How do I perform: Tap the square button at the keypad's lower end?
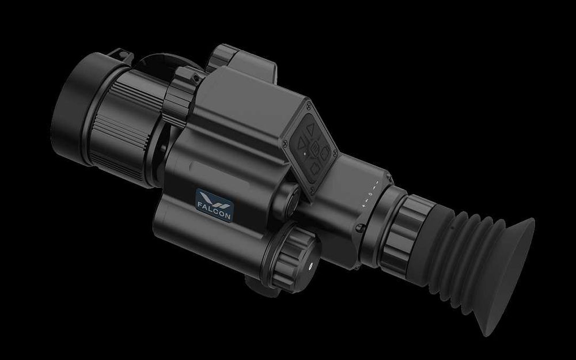pyautogui.click(x=314, y=169)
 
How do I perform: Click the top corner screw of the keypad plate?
pyautogui.click(x=308, y=106)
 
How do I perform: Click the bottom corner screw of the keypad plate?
pyautogui.click(x=312, y=190)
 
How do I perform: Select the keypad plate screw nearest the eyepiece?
pyautogui.click(x=334, y=151)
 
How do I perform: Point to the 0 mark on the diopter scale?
pyautogui.click(x=370, y=194)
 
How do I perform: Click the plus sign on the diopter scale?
pyautogui.click(x=363, y=206)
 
